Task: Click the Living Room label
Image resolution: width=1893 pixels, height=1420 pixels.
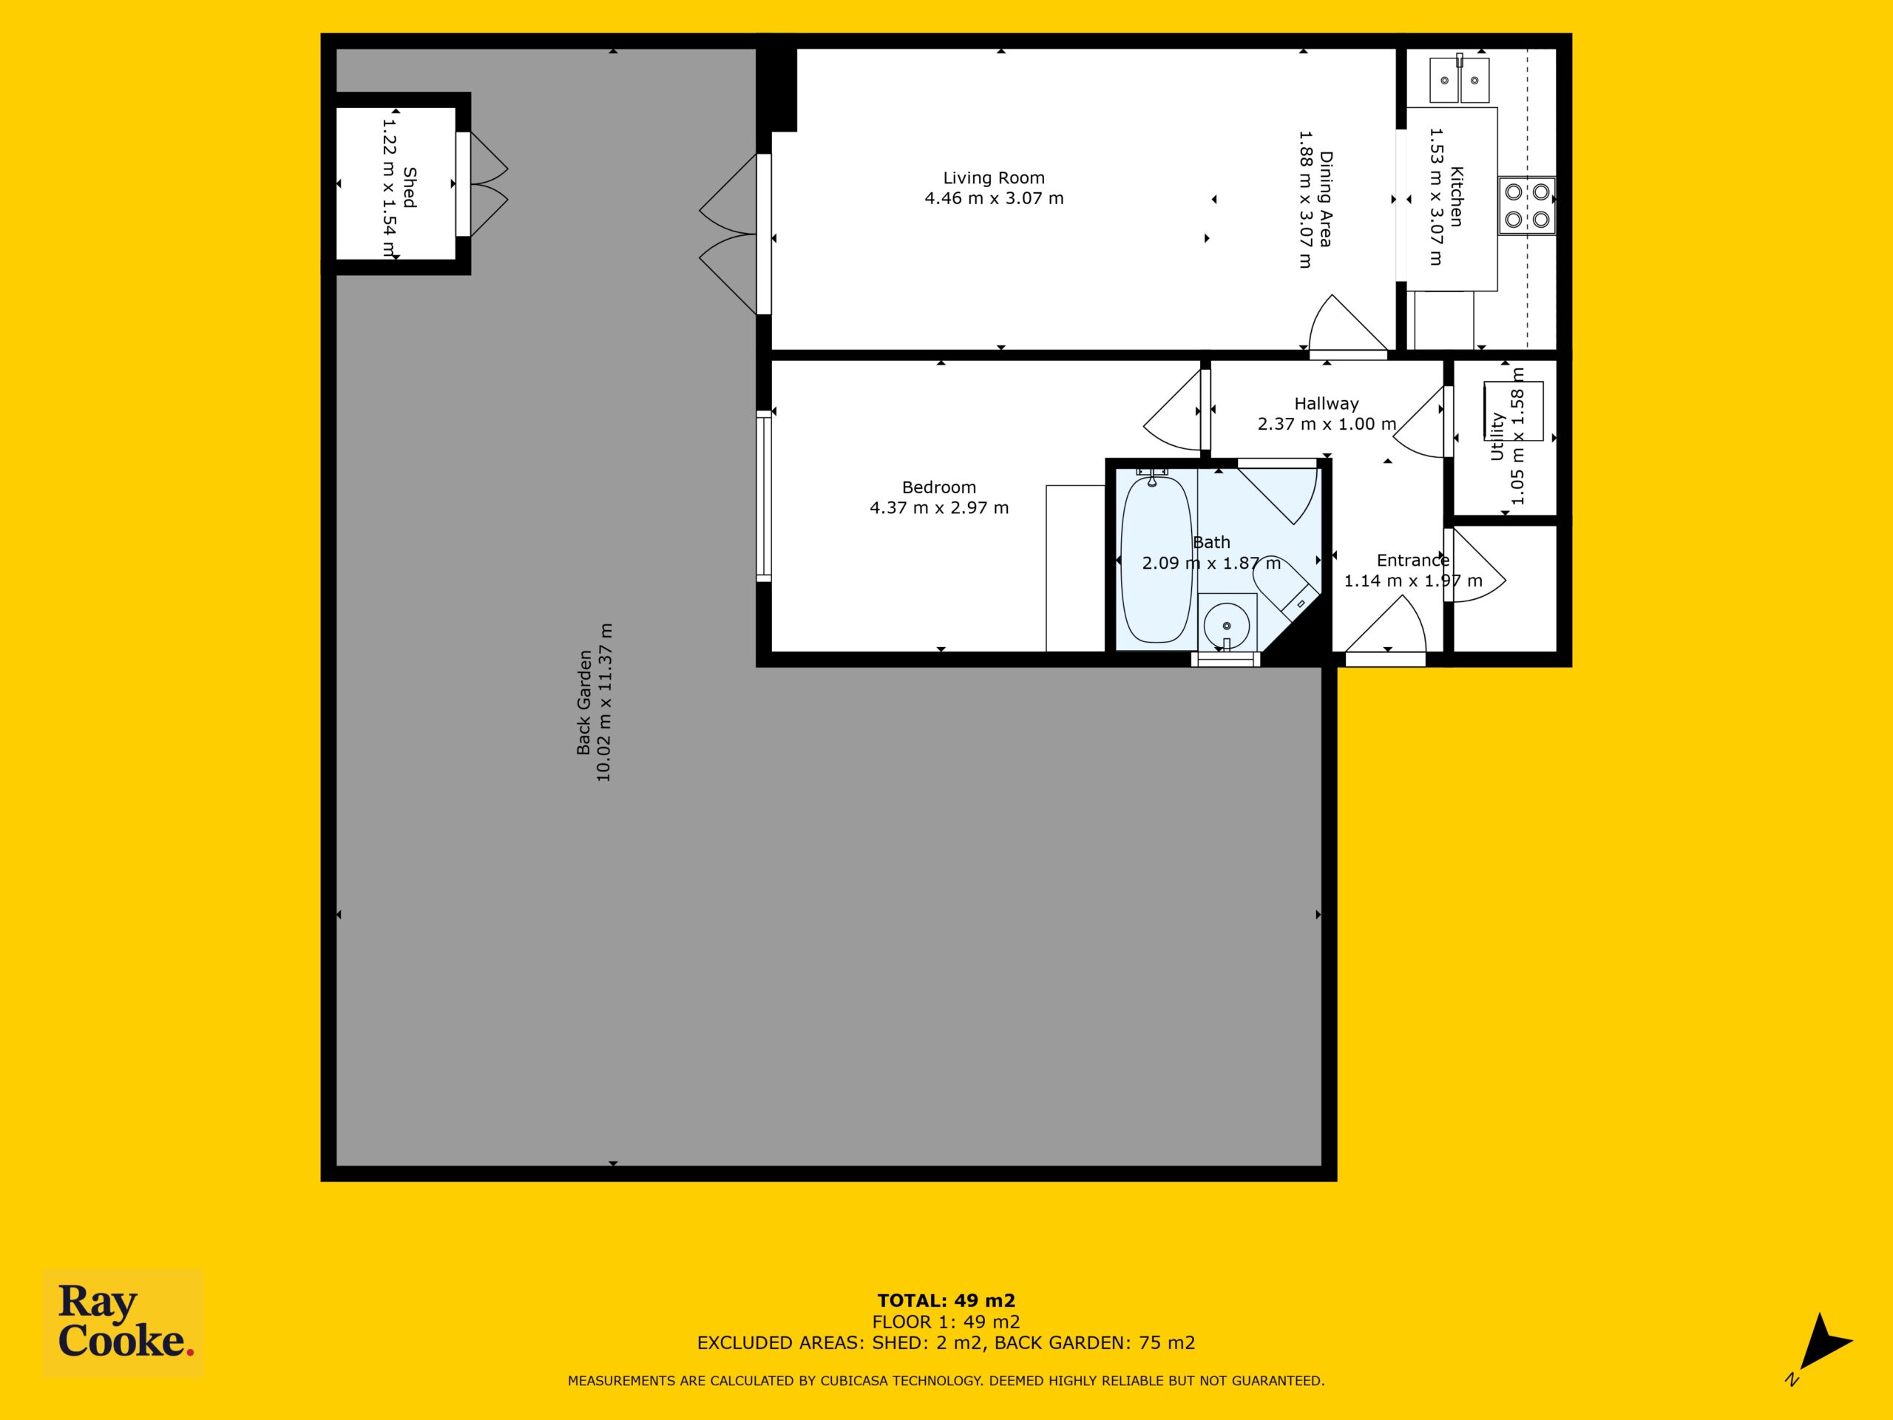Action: [x=994, y=178]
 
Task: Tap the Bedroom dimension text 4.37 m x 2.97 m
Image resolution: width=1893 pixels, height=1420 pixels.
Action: [x=939, y=507]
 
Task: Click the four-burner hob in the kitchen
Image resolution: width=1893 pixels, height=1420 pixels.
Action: [x=1528, y=206]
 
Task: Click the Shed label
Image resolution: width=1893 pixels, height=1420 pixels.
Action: [x=410, y=186]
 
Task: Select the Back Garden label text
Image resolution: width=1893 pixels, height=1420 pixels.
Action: [x=584, y=703]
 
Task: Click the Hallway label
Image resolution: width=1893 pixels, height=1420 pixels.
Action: [x=1326, y=403]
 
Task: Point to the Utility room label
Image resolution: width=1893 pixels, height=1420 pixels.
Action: [x=1497, y=436]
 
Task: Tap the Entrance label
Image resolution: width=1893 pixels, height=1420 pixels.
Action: [x=1413, y=561]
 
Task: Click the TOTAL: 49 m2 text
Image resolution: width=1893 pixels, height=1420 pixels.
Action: [x=946, y=1301]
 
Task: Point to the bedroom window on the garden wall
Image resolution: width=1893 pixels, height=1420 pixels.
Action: [x=763, y=496]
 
